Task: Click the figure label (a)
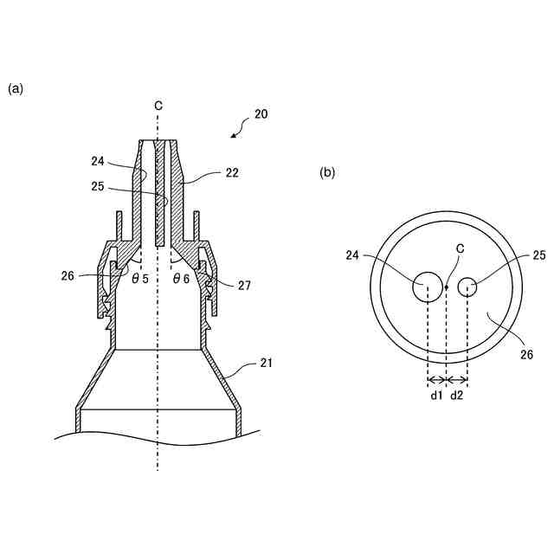16,89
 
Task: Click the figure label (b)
327,172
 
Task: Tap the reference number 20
261,114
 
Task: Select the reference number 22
232,173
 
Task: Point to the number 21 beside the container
267,363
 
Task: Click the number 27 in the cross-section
244,286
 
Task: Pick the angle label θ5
140,279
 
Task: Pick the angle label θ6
181,279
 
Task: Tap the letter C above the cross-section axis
158,106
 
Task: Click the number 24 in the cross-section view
98,161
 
